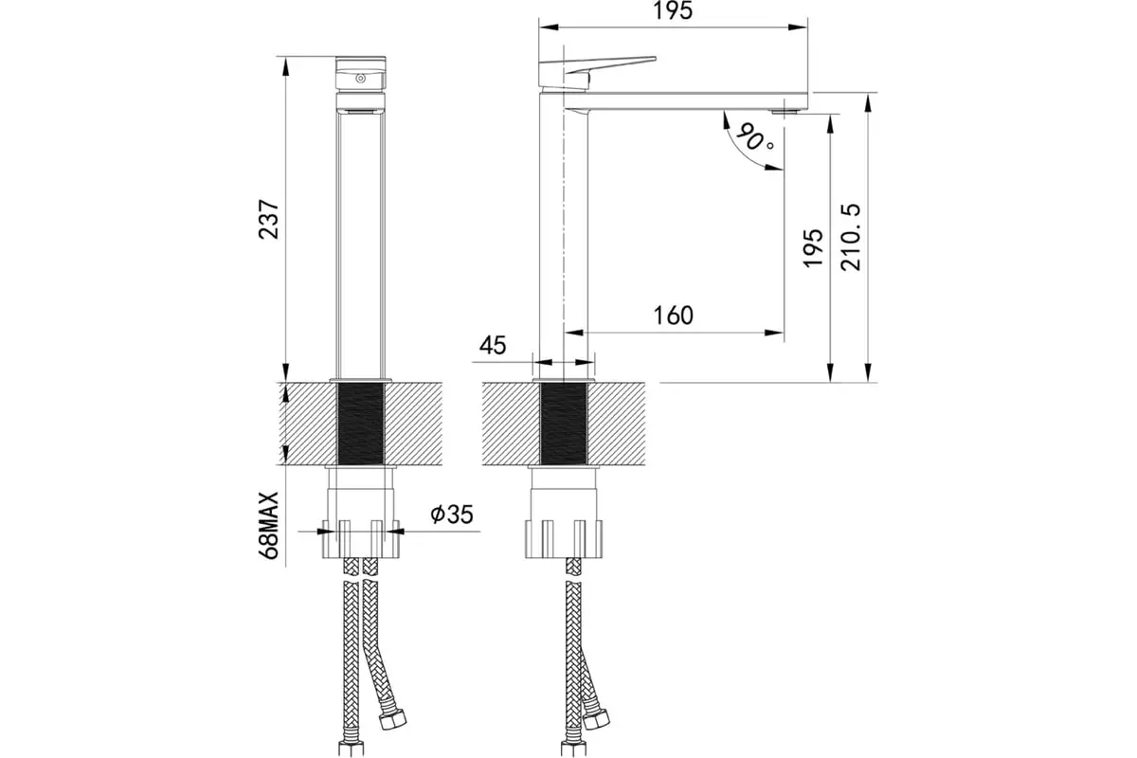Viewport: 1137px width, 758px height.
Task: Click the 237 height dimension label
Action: point(268,219)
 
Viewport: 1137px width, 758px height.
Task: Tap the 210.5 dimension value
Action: point(851,237)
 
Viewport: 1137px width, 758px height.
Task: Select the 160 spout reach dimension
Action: point(673,316)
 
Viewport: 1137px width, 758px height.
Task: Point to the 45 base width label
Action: point(493,345)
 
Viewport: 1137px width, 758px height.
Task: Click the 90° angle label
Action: point(755,136)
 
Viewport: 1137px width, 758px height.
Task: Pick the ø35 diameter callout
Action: point(452,514)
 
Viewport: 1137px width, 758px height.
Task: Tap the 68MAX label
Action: point(268,525)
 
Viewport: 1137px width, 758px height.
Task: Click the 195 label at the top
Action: point(673,10)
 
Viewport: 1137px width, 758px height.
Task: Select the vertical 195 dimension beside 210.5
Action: point(813,247)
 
